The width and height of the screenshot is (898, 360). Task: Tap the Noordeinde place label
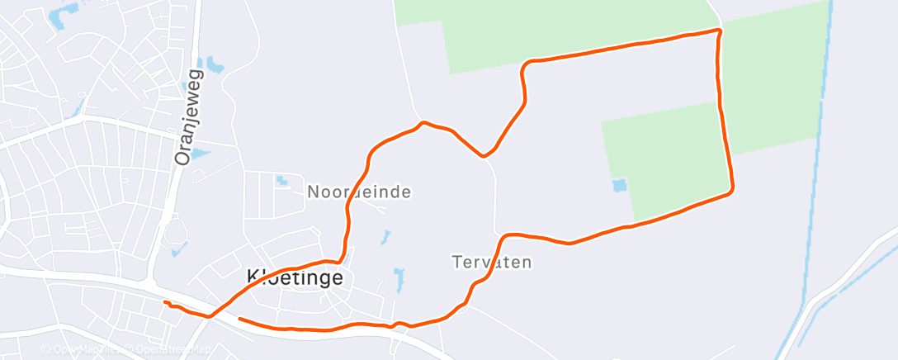(x=359, y=192)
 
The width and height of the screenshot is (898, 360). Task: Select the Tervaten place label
(x=492, y=263)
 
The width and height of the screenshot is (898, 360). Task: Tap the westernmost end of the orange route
(x=165, y=303)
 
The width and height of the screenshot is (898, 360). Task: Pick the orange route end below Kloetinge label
(x=240, y=318)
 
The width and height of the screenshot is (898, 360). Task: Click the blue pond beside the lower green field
(x=619, y=186)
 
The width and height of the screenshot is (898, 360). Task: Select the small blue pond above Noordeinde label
(x=283, y=179)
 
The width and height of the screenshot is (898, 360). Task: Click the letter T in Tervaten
(x=457, y=263)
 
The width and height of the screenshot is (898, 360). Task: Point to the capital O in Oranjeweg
(x=183, y=156)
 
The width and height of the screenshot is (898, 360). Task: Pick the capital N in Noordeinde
(x=314, y=192)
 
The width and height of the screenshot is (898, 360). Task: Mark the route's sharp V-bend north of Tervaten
(x=484, y=155)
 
